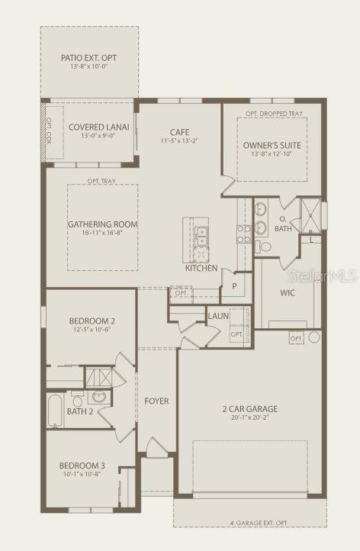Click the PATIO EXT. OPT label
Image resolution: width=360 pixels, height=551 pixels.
pos(89,58)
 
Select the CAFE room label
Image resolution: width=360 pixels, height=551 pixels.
pos(180,130)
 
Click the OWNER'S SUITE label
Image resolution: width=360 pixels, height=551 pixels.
pos(272,145)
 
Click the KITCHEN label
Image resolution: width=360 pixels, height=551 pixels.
pos(201,268)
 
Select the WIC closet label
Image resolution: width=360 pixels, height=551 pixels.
pos(288,292)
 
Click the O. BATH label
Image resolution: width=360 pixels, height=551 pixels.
pos(283,224)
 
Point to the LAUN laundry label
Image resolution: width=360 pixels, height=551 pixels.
pos(219,315)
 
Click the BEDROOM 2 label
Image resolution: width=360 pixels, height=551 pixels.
pos(92,321)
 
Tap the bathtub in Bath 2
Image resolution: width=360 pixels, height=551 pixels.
pos(56,411)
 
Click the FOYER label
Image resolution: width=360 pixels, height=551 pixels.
pos(156,401)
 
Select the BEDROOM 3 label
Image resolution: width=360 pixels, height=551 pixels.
pos(82,466)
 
